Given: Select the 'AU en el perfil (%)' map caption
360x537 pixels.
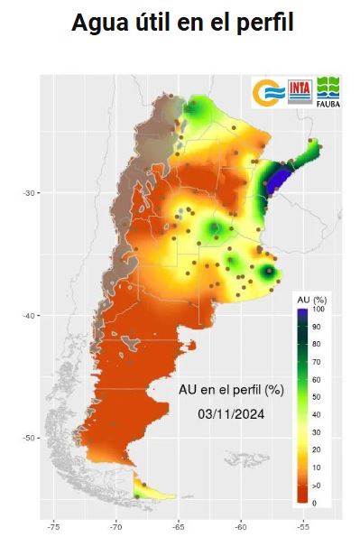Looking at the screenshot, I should click(231, 390).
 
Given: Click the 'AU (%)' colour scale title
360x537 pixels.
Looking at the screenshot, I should click(311, 299).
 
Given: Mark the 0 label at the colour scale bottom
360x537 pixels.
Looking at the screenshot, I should click(315, 503).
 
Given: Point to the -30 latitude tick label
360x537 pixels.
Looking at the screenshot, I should click(30, 193).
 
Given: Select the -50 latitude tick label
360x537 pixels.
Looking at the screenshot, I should click(30, 438).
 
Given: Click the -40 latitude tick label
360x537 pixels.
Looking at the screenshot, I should click(30, 315).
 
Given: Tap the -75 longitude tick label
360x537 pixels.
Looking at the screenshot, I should click(53, 524).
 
